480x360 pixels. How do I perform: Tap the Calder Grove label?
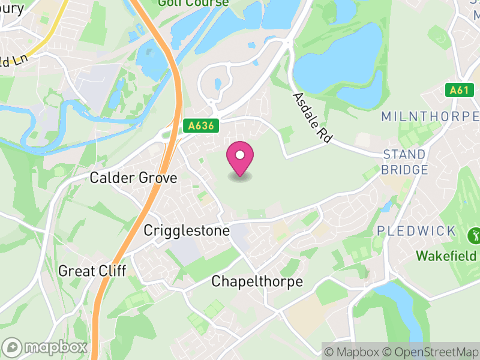click(133, 178)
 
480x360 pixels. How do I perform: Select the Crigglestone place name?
click(187, 230)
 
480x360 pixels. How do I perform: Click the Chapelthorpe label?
click(257, 281)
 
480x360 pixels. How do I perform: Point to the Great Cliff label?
click(92, 271)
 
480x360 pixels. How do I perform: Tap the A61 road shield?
click(458, 91)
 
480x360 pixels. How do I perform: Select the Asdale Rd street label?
click(312, 118)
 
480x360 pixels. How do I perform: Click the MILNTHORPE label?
click(430, 116)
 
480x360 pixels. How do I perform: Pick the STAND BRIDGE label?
click(406, 162)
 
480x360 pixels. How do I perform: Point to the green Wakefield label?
click(446, 256)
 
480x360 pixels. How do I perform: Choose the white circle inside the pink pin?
click(240, 155)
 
